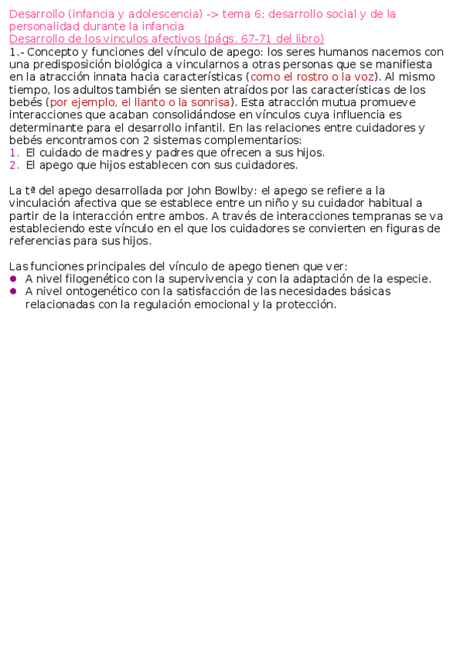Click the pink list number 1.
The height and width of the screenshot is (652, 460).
[13, 152]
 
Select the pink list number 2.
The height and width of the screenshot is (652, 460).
[13, 165]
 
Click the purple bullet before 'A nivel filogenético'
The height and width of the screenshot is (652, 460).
[13, 279]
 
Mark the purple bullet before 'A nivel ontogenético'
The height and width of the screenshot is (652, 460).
[13, 291]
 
